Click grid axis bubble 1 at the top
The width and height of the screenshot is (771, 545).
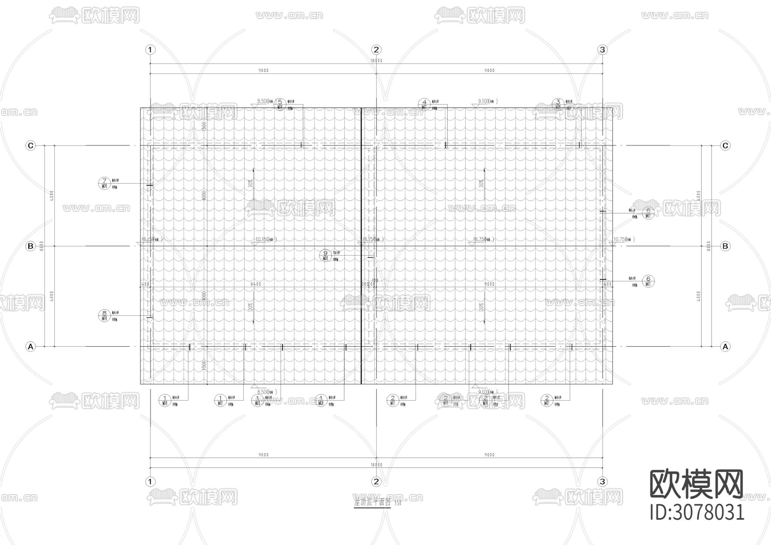pyautogui.click(x=150, y=50)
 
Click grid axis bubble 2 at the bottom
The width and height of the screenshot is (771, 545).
pyautogui.click(x=376, y=482)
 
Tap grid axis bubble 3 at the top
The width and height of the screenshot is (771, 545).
pyautogui.click(x=602, y=50)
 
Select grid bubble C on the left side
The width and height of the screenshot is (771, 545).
pyautogui.click(x=30, y=146)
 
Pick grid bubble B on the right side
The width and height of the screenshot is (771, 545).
pyautogui.click(x=725, y=246)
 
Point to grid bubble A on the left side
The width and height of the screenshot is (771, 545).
pyautogui.click(x=30, y=346)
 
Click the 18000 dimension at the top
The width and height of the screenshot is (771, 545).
pyautogui.click(x=376, y=61)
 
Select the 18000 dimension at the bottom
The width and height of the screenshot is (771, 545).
pyautogui.click(x=376, y=465)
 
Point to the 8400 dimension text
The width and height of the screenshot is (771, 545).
pyautogui.click(x=256, y=284)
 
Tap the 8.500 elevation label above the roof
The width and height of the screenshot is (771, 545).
pyautogui.click(x=263, y=101)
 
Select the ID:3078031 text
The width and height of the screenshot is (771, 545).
pyautogui.click(x=697, y=512)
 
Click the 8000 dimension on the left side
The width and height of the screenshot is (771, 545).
pyautogui.click(x=42, y=246)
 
